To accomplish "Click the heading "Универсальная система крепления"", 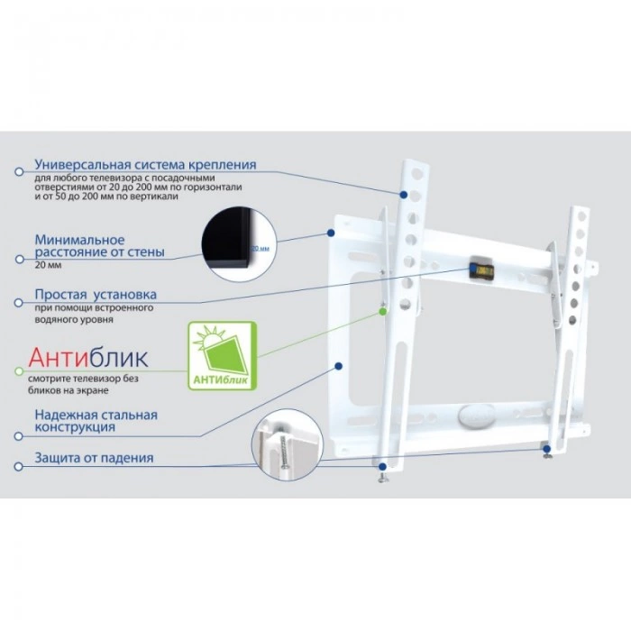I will coord(145,165).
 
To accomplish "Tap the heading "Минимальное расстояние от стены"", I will coord(99,246).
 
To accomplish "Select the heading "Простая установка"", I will coord(96,295).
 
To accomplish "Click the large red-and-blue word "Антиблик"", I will coord(88,358).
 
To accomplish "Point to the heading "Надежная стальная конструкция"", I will coord(96,421).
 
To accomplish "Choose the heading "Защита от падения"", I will coord(94,458).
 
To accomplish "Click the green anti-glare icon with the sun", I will coord(222,356).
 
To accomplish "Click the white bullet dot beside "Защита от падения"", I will coord(17,465).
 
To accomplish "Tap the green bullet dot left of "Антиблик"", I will coord(17,370).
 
